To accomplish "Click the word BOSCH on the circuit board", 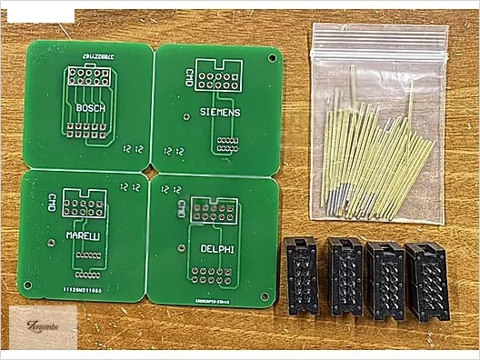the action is (x=90, y=108).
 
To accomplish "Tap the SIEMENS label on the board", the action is (x=219, y=112).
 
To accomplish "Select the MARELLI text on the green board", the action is (x=83, y=235).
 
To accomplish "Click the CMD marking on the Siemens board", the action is (x=189, y=77).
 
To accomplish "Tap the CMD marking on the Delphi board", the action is (x=184, y=208).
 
